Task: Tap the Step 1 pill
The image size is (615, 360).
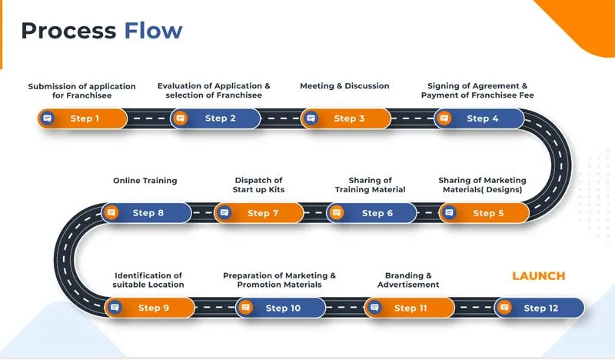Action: point(83,118)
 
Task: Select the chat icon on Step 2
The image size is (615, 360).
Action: point(181,118)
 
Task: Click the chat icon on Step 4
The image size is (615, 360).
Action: point(443,118)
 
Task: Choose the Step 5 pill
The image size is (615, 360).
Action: point(484,213)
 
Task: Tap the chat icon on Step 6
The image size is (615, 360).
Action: point(337,213)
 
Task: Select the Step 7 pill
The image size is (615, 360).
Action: point(258,213)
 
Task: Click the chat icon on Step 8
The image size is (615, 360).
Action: point(111,213)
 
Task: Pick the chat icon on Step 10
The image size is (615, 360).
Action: point(245,308)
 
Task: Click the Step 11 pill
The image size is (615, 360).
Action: point(407,308)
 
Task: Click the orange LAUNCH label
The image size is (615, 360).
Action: point(538,275)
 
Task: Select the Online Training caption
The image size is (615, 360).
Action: point(145,181)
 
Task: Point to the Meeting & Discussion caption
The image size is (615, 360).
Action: point(344,85)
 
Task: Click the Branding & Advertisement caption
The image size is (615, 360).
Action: point(408,280)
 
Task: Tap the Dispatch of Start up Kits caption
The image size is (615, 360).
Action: point(258,185)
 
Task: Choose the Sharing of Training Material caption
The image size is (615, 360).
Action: point(370,185)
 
